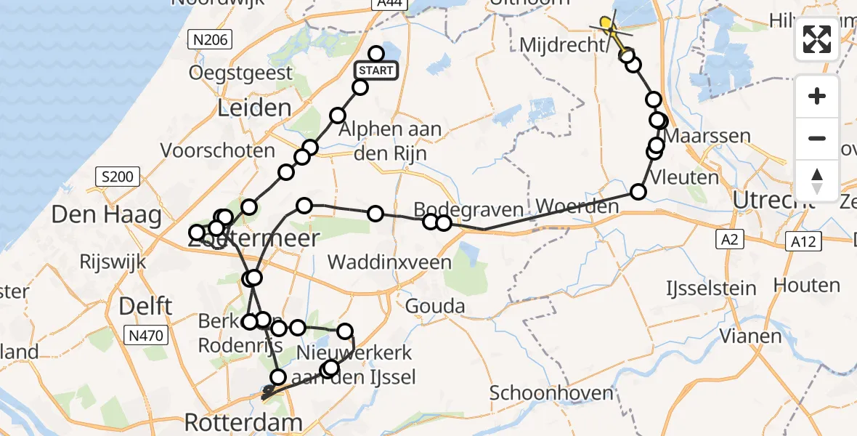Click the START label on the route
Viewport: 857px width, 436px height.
pos(375,70)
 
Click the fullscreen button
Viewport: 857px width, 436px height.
pos(817,39)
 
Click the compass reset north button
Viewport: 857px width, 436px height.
pos(817,181)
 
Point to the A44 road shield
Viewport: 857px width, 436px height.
pos(387,4)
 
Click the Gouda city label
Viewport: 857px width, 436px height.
pos(435,306)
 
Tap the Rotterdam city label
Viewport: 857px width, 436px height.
pos(243,422)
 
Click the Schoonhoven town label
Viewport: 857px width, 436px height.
pos(541,394)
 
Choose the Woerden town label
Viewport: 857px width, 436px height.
pos(578,207)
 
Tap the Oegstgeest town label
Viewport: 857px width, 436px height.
pos(240,73)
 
